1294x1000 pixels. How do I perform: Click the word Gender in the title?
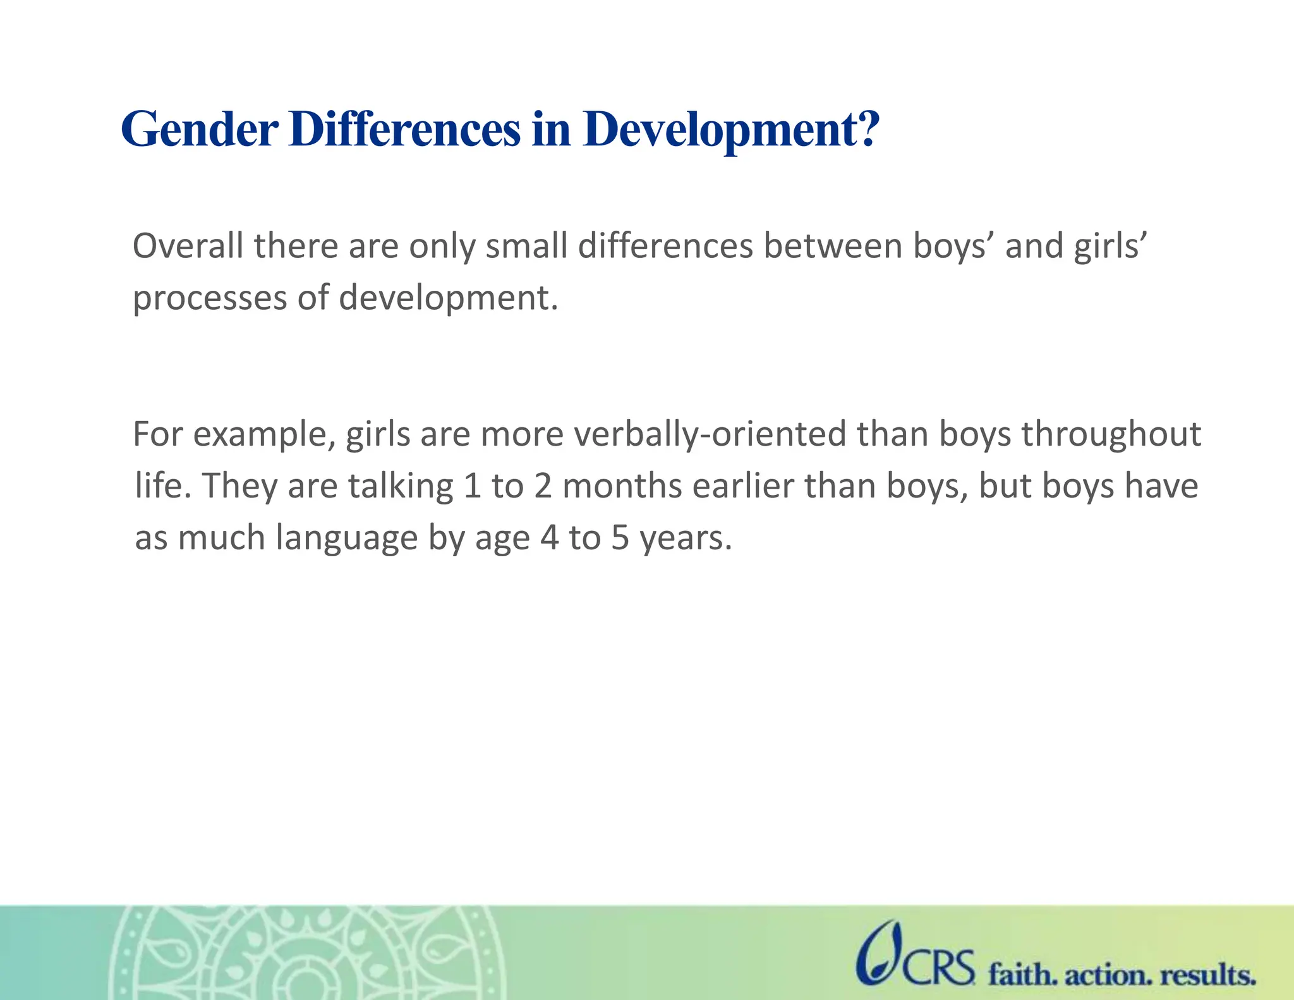(199, 130)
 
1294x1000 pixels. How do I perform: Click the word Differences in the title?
(404, 130)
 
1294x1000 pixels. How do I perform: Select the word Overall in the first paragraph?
(188, 246)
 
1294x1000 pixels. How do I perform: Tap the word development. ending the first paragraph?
(449, 298)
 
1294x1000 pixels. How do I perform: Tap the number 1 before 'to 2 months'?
(472, 487)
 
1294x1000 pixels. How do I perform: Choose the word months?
(622, 487)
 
